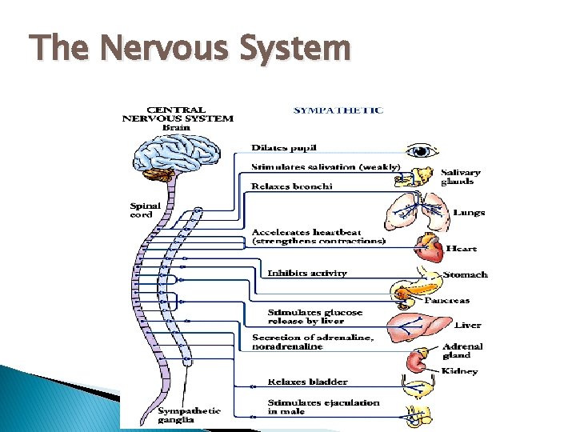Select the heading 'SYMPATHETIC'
point(338,110)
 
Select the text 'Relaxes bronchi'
point(291,186)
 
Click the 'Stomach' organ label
point(465,274)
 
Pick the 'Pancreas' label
point(446,301)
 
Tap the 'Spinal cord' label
point(146,210)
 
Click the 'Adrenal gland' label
point(462,351)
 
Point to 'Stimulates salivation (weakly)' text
point(325,167)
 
